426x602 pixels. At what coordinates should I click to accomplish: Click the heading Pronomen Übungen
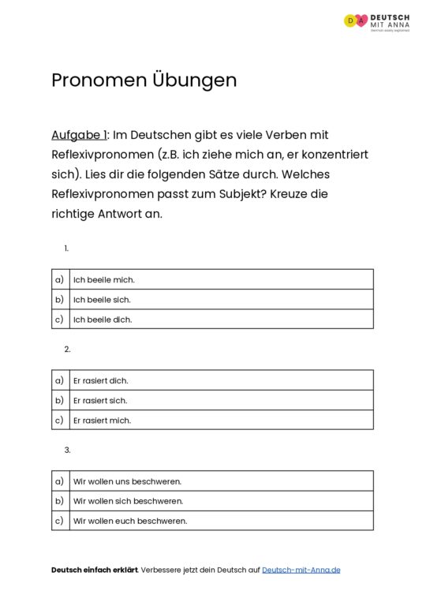point(144,80)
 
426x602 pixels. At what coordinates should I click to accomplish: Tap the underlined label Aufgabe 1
point(78,135)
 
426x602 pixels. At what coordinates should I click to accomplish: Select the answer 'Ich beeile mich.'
point(103,279)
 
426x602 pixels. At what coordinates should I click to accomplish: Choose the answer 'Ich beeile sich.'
point(102,300)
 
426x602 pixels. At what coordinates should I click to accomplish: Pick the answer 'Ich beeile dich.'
point(103,320)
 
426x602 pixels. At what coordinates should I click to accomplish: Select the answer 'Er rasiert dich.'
point(100,380)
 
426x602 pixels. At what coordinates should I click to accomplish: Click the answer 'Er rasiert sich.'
point(99,400)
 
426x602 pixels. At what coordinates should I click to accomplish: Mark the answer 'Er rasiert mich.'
point(102,421)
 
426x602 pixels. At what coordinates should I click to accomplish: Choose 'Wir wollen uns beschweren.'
point(127,481)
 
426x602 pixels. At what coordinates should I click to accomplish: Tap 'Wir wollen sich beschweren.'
point(128,501)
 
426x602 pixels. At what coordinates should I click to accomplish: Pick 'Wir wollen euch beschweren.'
point(129,521)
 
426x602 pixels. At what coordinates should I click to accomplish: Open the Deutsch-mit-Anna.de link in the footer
point(301,570)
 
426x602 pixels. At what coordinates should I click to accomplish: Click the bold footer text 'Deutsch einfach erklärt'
point(94,570)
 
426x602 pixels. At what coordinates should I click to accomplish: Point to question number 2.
point(68,349)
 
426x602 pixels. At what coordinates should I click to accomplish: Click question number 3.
point(68,450)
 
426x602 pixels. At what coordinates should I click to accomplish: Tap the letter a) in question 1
point(59,279)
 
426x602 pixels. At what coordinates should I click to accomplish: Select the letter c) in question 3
point(59,521)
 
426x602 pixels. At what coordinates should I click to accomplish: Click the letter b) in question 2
point(59,400)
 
